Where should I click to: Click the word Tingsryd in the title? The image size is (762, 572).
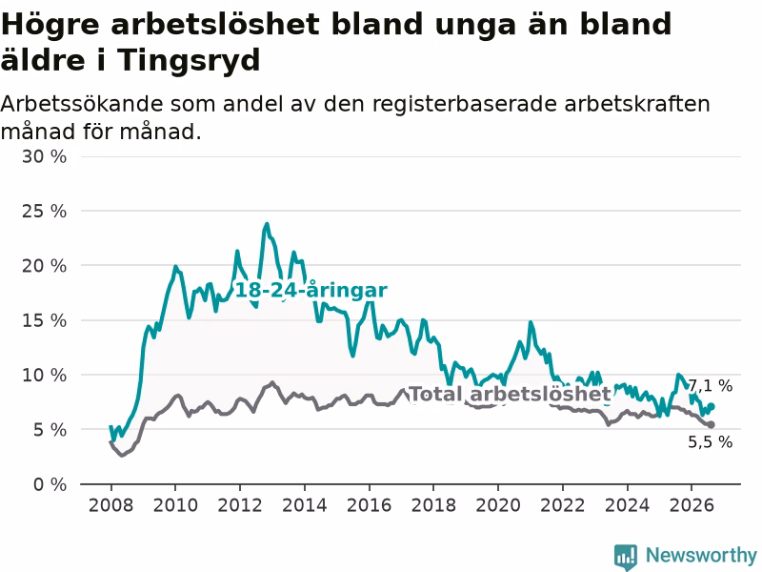point(189,60)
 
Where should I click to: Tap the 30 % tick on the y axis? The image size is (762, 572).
point(44,156)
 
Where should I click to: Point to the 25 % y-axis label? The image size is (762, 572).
point(44,211)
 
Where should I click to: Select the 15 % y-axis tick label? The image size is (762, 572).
point(44,320)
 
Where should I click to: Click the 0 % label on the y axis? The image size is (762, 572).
point(50,484)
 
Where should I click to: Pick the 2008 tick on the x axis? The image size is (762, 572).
point(110,505)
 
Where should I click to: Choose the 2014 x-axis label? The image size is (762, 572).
point(305,505)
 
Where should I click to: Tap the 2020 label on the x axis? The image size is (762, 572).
point(498,505)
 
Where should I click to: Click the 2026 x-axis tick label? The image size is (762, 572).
point(692,505)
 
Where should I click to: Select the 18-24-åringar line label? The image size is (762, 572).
point(311,291)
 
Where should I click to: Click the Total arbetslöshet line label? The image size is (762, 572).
point(510,394)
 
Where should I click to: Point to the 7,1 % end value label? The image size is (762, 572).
point(711,386)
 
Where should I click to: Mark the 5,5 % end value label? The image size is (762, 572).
point(710,441)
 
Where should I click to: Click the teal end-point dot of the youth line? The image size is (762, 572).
point(712,406)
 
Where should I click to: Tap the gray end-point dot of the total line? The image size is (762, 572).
point(712,424)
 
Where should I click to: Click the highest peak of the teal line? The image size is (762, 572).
point(267,224)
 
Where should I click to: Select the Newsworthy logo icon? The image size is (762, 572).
point(626,557)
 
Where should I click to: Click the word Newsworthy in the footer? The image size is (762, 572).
point(701,555)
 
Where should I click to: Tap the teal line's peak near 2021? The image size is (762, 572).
point(531,322)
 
